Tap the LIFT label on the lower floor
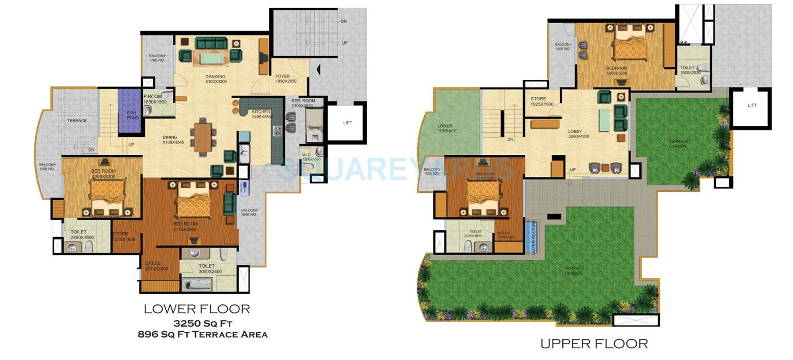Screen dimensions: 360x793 [x=347, y=123]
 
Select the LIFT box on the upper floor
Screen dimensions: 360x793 [x=751, y=106]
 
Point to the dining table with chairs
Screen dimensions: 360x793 [x=202, y=137]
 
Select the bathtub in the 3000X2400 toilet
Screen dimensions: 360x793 [x=196, y=284]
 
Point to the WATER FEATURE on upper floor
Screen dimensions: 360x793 [x=533, y=237]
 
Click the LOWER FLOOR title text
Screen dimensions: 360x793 [x=197, y=309]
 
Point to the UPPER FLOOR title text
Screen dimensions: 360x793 [x=594, y=344]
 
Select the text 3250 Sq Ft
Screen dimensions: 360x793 [x=203, y=323]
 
